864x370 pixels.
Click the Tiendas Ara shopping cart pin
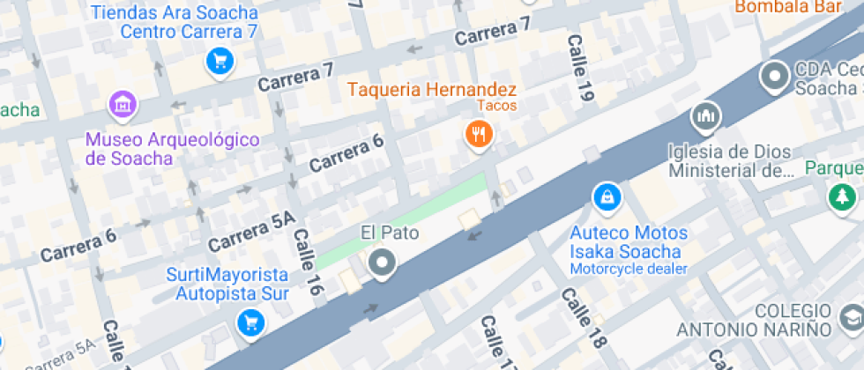tap(218, 61)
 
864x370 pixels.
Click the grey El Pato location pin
tap(382, 262)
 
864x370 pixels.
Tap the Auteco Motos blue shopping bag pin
tap(606, 197)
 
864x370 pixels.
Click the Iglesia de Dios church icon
tap(705, 115)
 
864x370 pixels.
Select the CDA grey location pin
tap(775, 77)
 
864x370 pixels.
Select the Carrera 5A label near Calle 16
tap(251, 230)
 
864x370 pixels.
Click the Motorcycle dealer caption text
tap(627, 268)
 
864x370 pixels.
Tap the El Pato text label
tap(389, 233)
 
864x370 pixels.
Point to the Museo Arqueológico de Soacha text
tap(173, 149)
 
